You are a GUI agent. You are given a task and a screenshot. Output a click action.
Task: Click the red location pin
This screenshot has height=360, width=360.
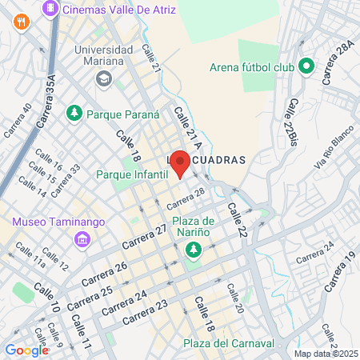[180, 162]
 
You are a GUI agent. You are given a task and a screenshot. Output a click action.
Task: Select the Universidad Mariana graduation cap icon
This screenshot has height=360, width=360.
[103, 78]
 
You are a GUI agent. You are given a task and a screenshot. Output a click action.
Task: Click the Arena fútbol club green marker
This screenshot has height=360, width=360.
[305, 66]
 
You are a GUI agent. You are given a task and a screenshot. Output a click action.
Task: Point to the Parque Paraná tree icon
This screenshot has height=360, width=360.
[75, 114]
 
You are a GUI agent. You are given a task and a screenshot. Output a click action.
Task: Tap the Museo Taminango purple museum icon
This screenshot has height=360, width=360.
[82, 239]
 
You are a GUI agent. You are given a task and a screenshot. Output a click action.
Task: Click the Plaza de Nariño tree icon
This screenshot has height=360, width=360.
[192, 251]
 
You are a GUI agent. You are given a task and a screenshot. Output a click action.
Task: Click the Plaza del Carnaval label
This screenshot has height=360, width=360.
[228, 343]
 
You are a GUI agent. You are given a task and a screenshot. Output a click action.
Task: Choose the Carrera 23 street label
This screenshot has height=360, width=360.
[145, 310]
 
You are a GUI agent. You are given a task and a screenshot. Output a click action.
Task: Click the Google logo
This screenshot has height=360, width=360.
[26, 350]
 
